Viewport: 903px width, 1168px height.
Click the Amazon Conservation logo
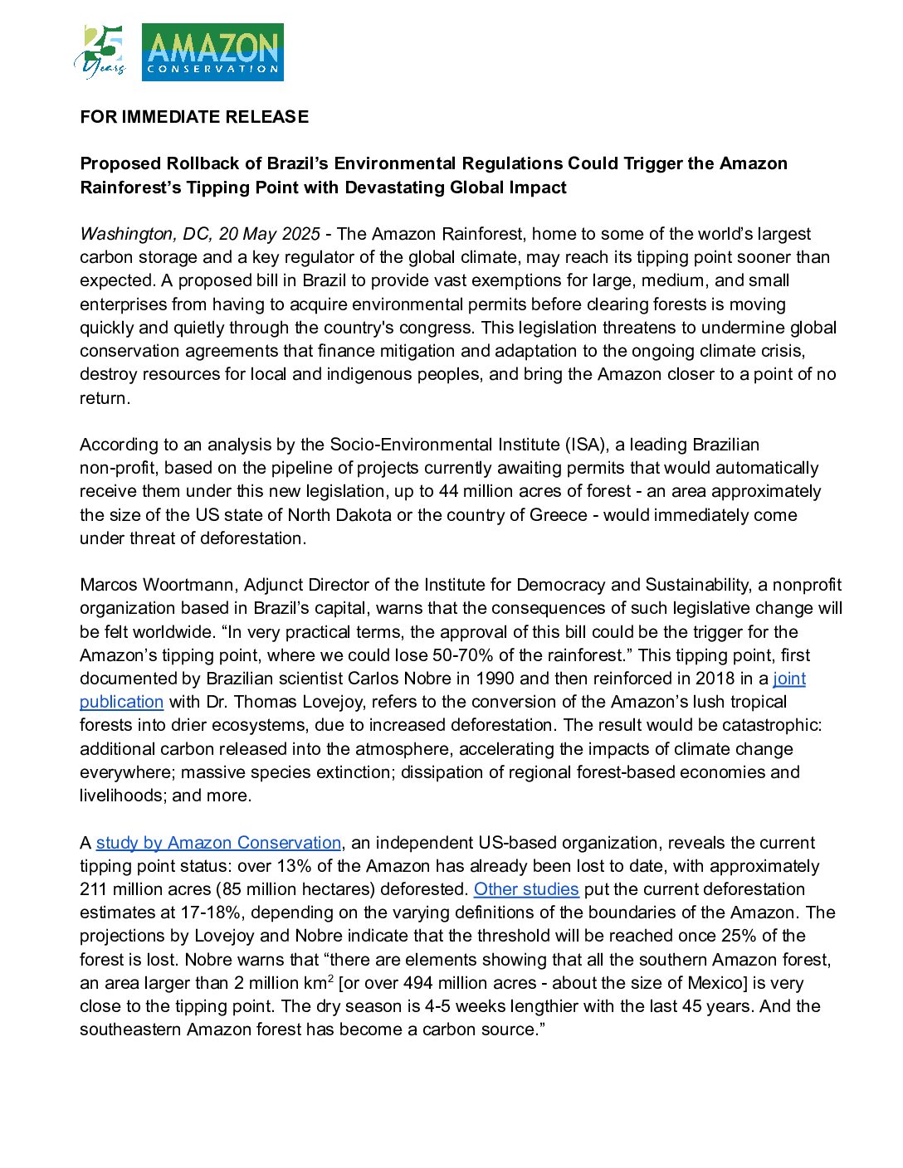(212, 52)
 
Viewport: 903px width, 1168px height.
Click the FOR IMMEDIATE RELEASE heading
(194, 117)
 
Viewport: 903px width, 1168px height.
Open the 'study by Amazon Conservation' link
(218, 843)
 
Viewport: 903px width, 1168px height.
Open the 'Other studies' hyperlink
(525, 889)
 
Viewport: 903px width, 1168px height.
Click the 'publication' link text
(121, 702)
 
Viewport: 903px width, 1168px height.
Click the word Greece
(559, 515)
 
